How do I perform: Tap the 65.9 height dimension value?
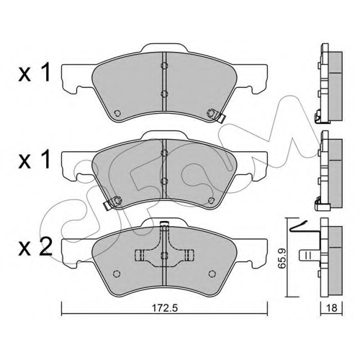pos(282,258)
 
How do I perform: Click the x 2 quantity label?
pos(35,248)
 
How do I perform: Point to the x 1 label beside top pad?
pos(35,73)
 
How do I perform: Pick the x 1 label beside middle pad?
pos(35,159)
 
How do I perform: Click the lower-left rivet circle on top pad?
pos(117,112)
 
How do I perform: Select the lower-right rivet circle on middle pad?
pos(211,199)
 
